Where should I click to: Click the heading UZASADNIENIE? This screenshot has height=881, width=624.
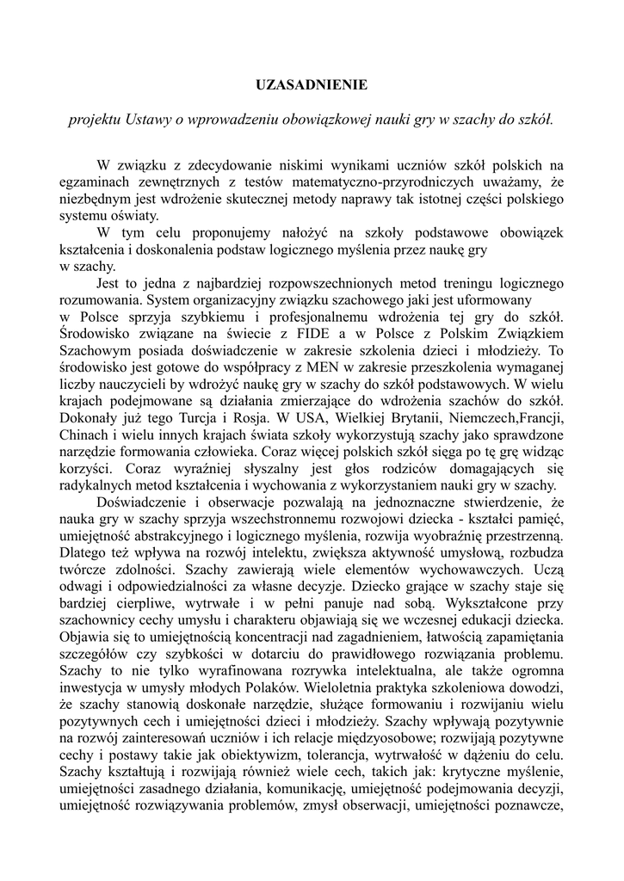pos(312,84)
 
